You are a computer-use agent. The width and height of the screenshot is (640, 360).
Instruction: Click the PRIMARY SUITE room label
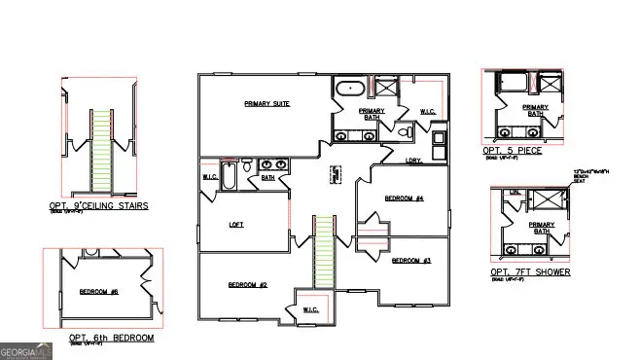[x=267, y=103]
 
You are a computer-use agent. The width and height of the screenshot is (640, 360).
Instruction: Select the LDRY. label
[x=413, y=160]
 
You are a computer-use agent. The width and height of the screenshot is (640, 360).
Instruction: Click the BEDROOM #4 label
[x=404, y=198]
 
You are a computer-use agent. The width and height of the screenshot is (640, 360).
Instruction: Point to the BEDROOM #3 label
[x=411, y=261]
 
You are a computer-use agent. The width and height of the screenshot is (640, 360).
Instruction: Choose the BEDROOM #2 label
[x=247, y=284]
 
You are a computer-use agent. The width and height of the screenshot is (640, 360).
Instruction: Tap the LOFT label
[x=235, y=224]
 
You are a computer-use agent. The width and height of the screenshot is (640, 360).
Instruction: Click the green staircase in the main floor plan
[x=323, y=252]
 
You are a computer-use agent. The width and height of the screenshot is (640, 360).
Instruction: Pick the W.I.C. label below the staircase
[x=310, y=309]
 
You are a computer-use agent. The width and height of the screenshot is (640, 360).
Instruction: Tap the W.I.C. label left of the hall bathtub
[x=209, y=177]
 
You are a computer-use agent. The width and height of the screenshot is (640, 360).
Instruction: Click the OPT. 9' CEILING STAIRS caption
[x=98, y=206]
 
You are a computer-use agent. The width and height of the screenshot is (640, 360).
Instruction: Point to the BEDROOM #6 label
[x=98, y=291]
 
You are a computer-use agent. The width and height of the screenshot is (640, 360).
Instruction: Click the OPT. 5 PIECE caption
[x=512, y=151]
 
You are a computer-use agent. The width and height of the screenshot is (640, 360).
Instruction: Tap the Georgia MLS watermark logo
[x=23, y=349]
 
